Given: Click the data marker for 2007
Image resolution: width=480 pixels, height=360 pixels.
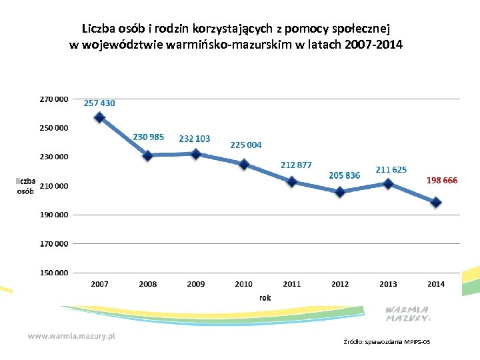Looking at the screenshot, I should [100, 117].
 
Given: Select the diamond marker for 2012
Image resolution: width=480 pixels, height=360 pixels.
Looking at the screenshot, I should [340, 192].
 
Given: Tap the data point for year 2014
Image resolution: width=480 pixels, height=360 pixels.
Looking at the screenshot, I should [436, 202].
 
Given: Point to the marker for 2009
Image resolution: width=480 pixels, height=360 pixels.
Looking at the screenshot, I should [196, 154].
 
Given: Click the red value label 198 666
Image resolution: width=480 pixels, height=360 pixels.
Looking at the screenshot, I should [441, 181].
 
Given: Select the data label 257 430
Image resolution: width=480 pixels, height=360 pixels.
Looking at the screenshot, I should [99, 103].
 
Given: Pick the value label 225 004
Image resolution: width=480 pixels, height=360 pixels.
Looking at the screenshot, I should [246, 145].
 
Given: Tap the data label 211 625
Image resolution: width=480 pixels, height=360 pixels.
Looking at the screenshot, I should [391, 170].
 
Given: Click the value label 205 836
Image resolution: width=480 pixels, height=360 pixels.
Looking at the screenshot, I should [345, 175].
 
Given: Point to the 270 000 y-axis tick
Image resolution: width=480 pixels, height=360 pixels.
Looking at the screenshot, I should [53, 99].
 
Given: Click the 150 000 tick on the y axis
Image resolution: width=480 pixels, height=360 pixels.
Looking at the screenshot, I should [53, 273].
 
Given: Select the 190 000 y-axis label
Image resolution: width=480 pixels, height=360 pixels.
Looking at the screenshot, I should [53, 215].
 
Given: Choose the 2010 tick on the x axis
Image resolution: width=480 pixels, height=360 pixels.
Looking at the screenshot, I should [244, 284].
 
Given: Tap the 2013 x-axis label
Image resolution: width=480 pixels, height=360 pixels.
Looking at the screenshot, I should [388, 284].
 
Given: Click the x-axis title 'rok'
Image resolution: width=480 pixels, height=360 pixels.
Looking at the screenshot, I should [265, 298].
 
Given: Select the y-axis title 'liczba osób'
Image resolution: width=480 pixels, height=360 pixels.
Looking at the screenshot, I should [26, 185].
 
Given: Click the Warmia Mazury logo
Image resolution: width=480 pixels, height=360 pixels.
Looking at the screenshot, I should [408, 314].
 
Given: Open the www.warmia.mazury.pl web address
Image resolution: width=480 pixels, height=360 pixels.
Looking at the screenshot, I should [72, 337].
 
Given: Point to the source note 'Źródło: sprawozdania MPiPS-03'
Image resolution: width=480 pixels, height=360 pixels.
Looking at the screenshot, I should [387, 342].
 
